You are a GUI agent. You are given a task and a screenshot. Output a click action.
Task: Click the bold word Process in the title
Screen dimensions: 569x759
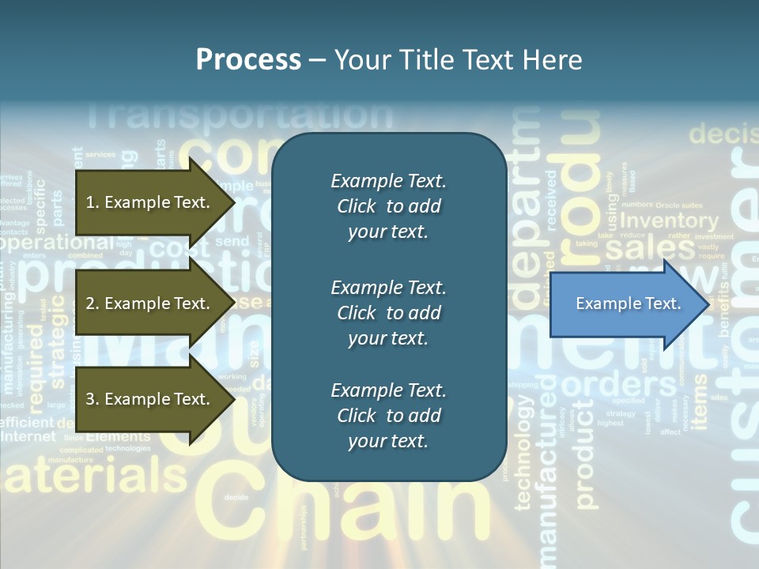click(x=248, y=60)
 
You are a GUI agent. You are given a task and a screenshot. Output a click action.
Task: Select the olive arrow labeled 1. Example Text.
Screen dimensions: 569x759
click(x=150, y=202)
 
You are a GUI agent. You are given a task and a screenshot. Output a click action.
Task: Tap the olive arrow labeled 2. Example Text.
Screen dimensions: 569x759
click(x=150, y=303)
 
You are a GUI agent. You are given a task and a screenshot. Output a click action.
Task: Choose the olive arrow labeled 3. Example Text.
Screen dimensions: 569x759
click(x=150, y=399)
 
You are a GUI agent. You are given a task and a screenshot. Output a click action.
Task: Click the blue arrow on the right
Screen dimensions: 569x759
click(x=625, y=304)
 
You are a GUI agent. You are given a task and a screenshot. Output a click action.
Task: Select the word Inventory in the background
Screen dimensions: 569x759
click(x=669, y=221)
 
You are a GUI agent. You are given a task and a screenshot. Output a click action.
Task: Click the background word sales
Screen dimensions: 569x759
click(x=639, y=249)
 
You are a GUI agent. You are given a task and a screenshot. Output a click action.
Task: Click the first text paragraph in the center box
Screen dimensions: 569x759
click(x=388, y=206)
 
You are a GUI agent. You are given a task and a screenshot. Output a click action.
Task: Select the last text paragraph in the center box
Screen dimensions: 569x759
click(x=388, y=416)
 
